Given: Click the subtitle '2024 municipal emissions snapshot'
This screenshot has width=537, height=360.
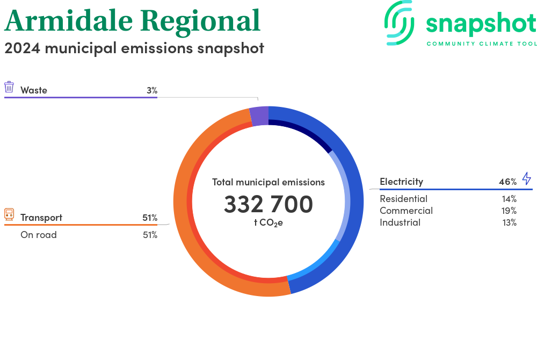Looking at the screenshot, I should (134, 48).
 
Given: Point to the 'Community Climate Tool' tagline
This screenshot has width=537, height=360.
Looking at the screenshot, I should (481, 44).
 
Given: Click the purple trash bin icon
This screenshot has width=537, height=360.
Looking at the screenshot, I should (9, 88).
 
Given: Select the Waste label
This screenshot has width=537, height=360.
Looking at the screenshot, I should (34, 90).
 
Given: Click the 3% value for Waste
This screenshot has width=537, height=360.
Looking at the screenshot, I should (152, 90).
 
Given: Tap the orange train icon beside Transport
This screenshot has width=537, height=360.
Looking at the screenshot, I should (9, 214).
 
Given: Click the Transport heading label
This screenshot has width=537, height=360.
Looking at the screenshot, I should (41, 218).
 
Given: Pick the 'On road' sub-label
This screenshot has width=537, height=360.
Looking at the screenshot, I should (39, 235).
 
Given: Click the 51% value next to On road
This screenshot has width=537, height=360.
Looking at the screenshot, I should (150, 235).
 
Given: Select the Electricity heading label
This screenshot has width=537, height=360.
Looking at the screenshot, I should (401, 182).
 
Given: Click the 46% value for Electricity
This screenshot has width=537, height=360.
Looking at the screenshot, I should (507, 182).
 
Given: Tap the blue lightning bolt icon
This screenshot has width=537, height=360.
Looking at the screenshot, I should (526, 179).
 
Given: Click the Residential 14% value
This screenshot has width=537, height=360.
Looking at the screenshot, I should (509, 199).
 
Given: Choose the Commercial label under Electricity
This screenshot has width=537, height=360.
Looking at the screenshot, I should (406, 211).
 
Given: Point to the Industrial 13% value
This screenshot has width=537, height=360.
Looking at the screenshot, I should (509, 222).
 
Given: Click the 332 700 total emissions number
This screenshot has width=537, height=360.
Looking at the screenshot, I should (268, 205).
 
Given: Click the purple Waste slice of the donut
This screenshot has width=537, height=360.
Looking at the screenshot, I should (259, 116).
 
